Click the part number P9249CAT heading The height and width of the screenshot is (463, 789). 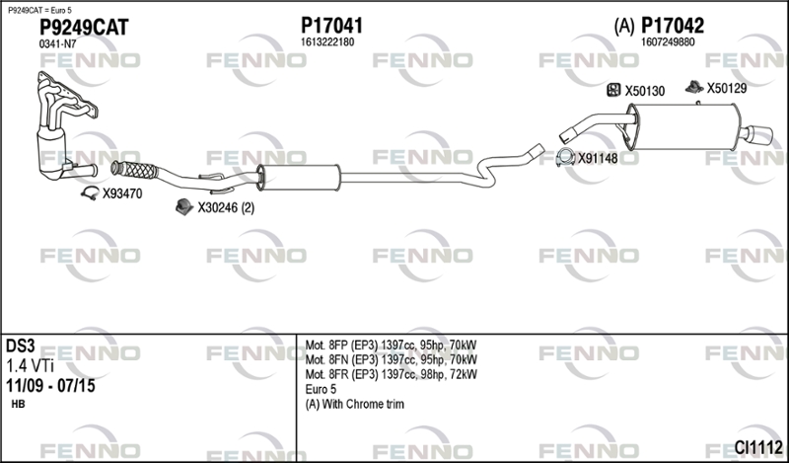pos(84,28)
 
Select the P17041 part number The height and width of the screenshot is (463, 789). pos(331,26)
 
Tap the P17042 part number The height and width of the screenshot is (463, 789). pos(673,26)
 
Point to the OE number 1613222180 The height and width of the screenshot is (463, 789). pos(327,42)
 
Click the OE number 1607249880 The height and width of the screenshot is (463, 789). pos(668,42)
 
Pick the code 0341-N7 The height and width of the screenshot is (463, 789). pos(57,44)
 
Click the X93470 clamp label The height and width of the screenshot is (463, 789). pos(122,193)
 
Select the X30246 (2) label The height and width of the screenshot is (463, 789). pos(226,207)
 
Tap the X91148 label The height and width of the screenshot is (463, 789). pos(598,159)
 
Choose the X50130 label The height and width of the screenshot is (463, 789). pos(645,91)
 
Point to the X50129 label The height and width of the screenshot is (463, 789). pos(727,89)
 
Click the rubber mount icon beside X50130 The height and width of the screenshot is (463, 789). pos(613,90)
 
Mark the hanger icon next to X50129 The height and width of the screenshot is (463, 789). pos(694,87)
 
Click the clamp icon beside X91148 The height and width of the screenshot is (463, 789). pos(565,158)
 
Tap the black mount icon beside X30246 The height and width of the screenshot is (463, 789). pos(184,206)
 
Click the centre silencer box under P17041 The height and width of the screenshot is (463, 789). pos(299,178)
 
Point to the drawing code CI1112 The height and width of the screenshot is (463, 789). pos(758,447)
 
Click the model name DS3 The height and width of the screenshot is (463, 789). pos(20,346)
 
